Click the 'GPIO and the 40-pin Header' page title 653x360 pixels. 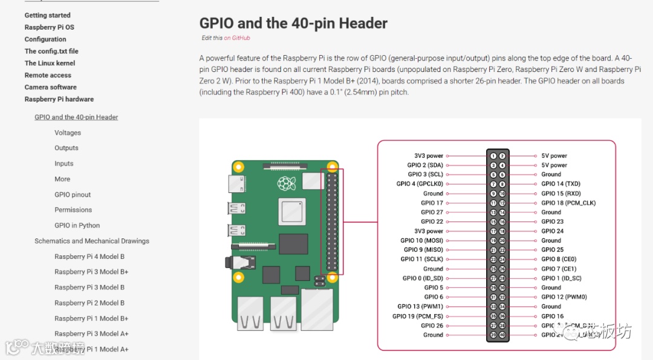coord(293,24)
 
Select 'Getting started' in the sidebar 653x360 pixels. coord(47,15)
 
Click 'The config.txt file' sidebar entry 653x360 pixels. coord(51,51)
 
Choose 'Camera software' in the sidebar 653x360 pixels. coord(50,87)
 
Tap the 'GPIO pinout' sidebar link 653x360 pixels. coord(73,195)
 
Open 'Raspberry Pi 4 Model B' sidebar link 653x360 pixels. coord(89,257)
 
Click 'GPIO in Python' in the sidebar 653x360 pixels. coord(77,226)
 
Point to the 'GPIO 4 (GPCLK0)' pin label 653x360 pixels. coord(420,184)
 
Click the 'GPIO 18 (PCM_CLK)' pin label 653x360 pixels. coord(568,203)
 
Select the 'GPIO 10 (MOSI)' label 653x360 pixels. coord(421,241)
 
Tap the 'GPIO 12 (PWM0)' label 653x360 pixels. coord(564,297)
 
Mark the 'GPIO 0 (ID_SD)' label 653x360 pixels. coord(423,278)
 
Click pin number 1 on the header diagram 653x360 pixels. coord(493,156)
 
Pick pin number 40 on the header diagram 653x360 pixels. coord(502,335)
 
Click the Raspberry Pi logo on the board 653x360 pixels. coord(285,183)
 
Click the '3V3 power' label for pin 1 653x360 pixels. coord(429,156)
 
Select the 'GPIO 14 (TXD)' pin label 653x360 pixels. coord(560,184)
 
